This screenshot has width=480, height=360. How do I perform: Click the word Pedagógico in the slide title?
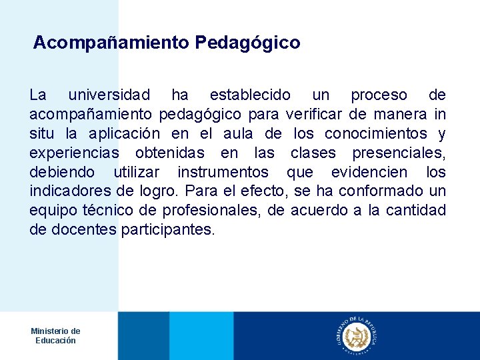(x=247, y=43)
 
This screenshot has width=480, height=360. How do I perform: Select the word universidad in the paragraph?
(x=109, y=95)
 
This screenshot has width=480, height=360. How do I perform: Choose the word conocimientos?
(x=377, y=134)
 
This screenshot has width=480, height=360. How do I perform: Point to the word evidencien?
(x=369, y=173)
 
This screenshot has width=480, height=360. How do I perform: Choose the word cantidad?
(x=416, y=211)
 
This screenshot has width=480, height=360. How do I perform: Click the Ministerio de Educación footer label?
(x=55, y=335)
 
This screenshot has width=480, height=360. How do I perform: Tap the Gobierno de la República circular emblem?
(x=356, y=335)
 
